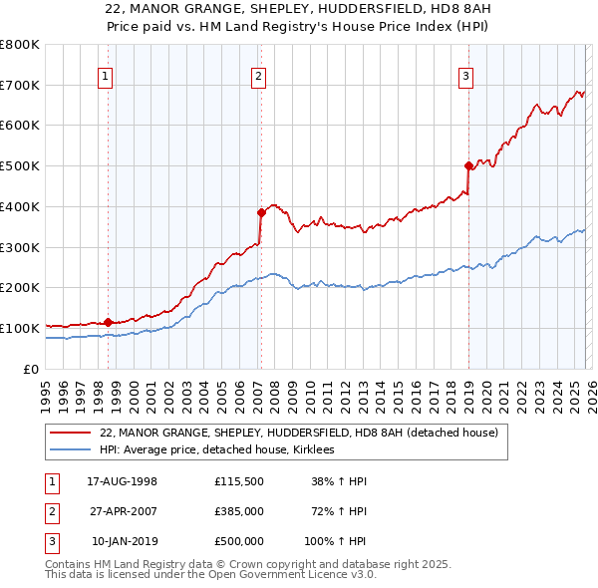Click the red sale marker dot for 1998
108,322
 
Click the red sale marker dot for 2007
260,212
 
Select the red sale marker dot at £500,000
467,165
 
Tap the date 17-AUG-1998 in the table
123,481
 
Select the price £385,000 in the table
238,511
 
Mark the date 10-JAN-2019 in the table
123,541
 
